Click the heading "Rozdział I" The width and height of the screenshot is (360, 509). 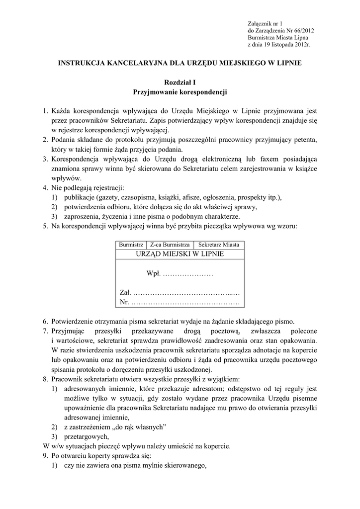[x=180, y=83]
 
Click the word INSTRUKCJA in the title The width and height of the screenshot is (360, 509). [x=84, y=63]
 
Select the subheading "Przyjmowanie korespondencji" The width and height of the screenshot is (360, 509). [x=180, y=92]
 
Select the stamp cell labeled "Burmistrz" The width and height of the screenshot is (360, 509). [x=131, y=245]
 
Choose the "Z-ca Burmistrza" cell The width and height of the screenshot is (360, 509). [x=170, y=245]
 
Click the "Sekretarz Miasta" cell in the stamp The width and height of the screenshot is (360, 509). [x=219, y=245]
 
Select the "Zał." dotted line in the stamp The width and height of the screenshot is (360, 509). [x=180, y=293]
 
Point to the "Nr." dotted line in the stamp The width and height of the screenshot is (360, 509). [x=180, y=302]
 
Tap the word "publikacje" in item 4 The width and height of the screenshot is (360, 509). [x=80, y=197]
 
